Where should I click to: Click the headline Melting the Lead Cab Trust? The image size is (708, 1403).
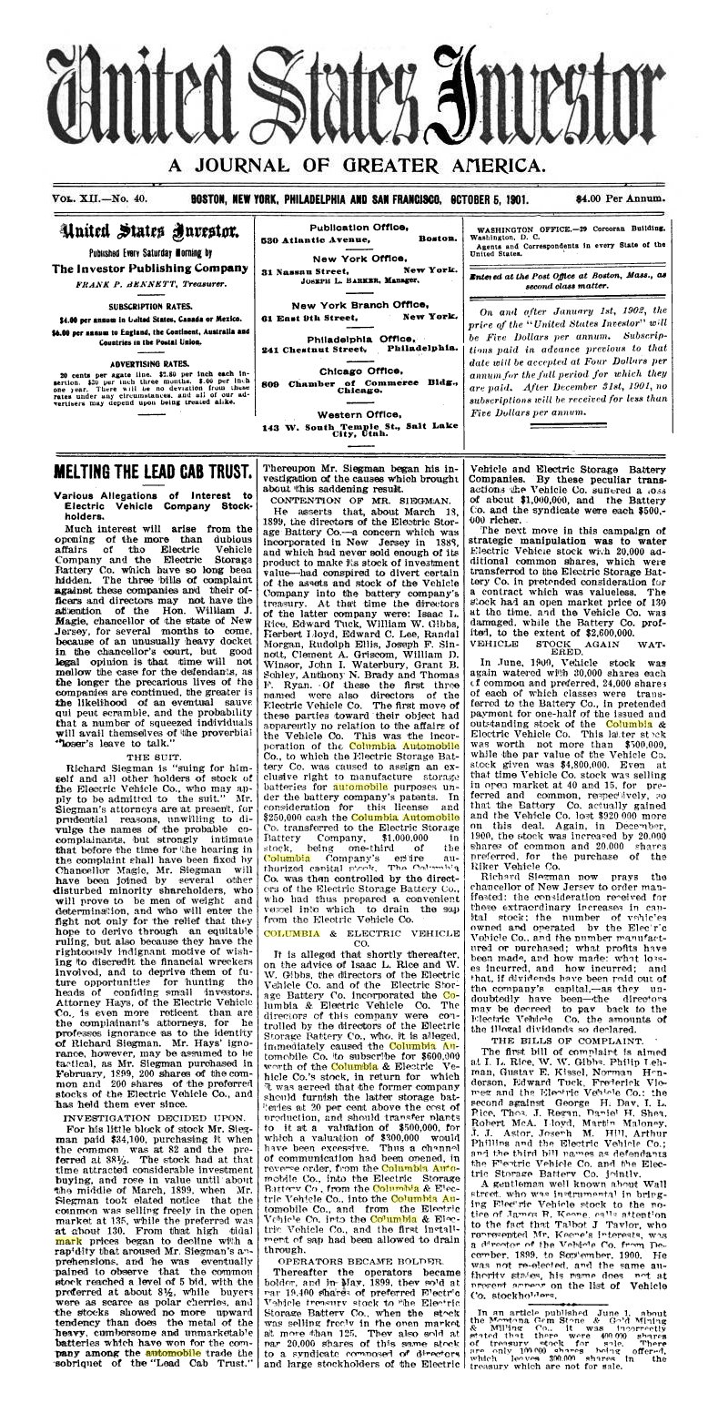click(x=152, y=472)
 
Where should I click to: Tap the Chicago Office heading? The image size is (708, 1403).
click(x=359, y=371)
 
